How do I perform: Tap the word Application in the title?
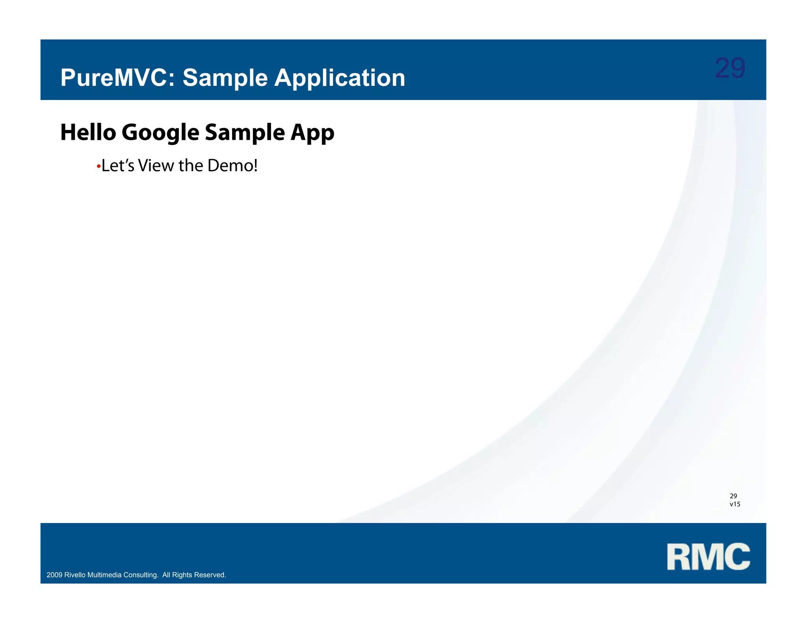click(339, 78)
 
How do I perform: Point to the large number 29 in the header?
click(730, 68)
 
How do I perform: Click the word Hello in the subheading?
click(88, 132)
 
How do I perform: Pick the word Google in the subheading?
click(160, 132)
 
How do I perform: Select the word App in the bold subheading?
click(312, 133)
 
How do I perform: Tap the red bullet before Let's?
click(99, 167)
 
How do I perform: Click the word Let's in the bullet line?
click(118, 166)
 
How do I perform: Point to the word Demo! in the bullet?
click(232, 166)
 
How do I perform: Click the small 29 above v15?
click(733, 496)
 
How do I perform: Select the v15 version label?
click(735, 504)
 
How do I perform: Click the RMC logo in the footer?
click(708, 556)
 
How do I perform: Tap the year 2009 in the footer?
click(54, 575)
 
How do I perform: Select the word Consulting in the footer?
click(141, 575)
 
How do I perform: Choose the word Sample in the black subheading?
click(245, 132)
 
